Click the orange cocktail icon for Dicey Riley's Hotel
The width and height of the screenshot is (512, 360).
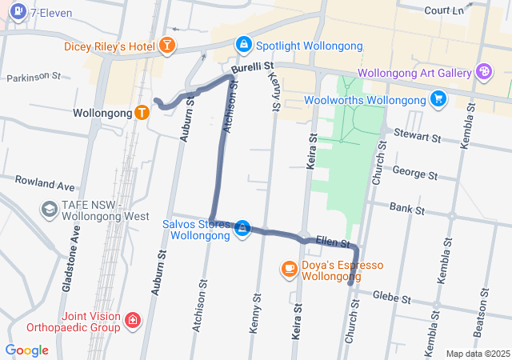[x=168, y=45]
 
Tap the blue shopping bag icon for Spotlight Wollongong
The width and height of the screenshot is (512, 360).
[x=243, y=45]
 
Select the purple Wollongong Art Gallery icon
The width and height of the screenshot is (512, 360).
[x=484, y=73]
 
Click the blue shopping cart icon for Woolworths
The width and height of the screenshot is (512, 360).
[x=438, y=98]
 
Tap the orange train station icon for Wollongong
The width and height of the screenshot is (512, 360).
[x=142, y=113]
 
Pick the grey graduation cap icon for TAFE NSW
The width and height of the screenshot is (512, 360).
[x=48, y=209]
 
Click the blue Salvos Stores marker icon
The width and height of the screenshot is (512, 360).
[x=242, y=230]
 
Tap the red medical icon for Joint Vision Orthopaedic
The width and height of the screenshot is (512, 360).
[x=132, y=321]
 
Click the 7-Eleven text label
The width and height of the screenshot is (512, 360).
[x=51, y=13]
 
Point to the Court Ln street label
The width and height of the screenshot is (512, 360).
[x=445, y=10]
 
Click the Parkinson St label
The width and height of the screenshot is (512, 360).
[x=34, y=77]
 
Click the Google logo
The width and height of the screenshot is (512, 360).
[x=27, y=350]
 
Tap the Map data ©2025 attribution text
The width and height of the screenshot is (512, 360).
[x=477, y=354]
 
